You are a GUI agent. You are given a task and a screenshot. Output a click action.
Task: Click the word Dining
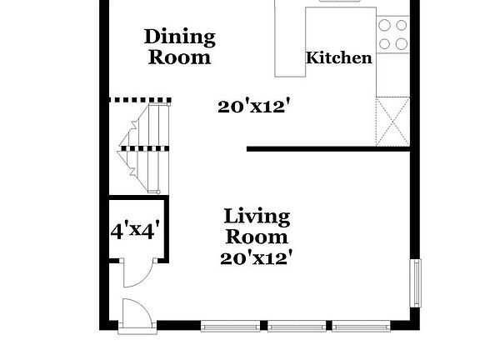pyautogui.click(x=179, y=37)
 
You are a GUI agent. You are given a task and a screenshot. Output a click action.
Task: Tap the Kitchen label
pyautogui.click(x=339, y=57)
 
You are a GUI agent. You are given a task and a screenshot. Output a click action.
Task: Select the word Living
pyautogui.click(x=257, y=217)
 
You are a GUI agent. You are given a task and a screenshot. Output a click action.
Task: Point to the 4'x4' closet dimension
pyautogui.click(x=136, y=231)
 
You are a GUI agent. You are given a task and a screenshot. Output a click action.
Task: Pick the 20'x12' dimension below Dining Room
pyautogui.click(x=253, y=106)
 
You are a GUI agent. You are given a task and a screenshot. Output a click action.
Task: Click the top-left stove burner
pyautogui.click(x=385, y=26)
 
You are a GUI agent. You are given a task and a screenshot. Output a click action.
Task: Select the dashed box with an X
pyautogui.click(x=392, y=122)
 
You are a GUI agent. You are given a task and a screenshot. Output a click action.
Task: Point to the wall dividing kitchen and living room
pyautogui.click(x=329, y=150)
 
